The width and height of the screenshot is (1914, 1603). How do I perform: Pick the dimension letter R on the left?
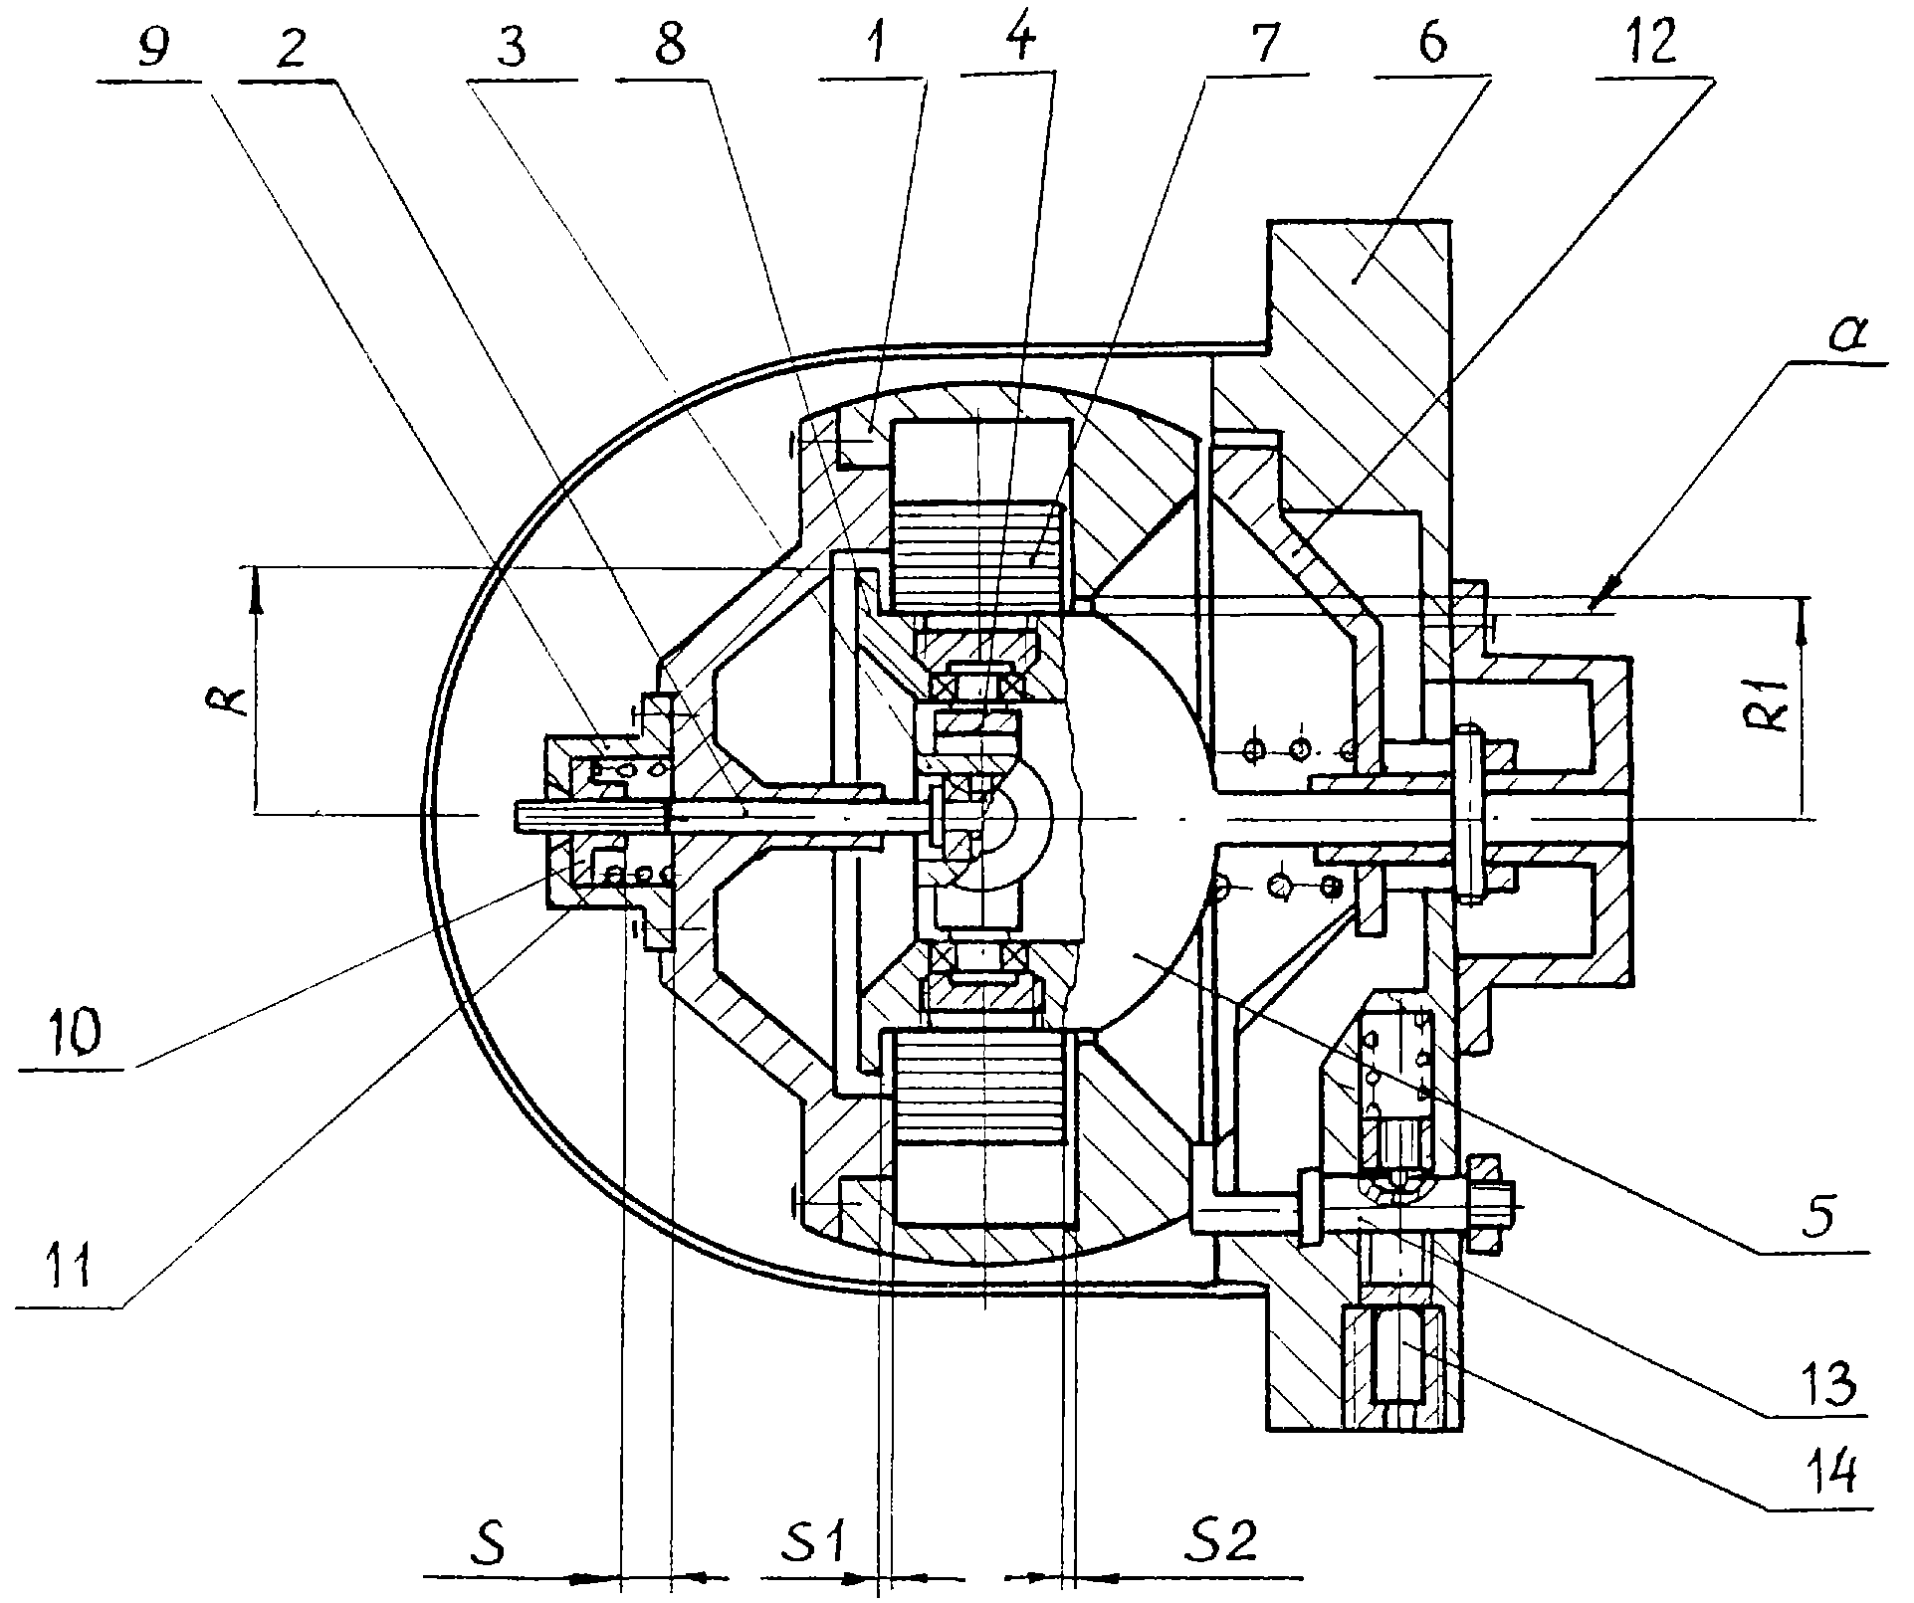coord(231,696)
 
